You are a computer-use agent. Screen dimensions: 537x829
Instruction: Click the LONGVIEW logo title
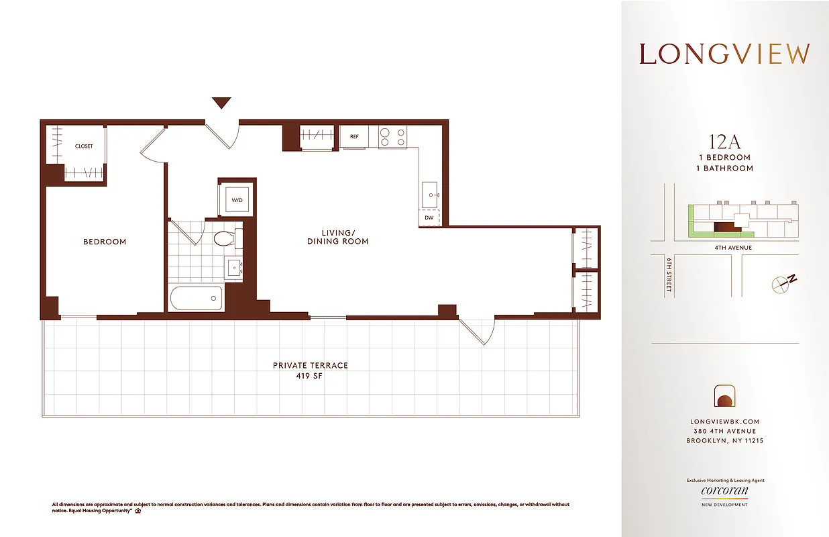pos(724,54)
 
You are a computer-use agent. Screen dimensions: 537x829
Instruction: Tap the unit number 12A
pos(724,142)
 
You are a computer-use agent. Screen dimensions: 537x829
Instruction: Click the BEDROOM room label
pos(105,242)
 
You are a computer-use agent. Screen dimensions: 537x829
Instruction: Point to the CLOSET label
pos(84,146)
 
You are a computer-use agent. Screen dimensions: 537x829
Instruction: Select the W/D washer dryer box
pos(237,199)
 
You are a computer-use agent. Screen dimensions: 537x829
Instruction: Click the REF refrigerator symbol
pos(354,136)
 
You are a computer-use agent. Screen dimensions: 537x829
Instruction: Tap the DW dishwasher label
pos(429,217)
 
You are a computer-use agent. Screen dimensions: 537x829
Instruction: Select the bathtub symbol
pos(196,298)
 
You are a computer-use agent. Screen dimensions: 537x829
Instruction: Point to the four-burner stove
pos(392,137)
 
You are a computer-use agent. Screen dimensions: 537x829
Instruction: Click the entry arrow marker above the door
pos(221,103)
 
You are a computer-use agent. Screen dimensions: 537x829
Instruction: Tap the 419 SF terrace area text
pos(311,376)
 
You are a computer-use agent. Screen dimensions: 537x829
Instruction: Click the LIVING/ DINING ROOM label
pos(337,237)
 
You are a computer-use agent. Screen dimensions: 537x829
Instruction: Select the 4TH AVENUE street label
pos(732,248)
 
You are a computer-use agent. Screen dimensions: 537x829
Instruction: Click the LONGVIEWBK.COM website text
pos(724,422)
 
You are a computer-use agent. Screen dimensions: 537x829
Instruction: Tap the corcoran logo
pos(724,491)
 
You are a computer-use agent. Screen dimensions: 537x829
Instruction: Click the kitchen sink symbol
pos(430,194)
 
